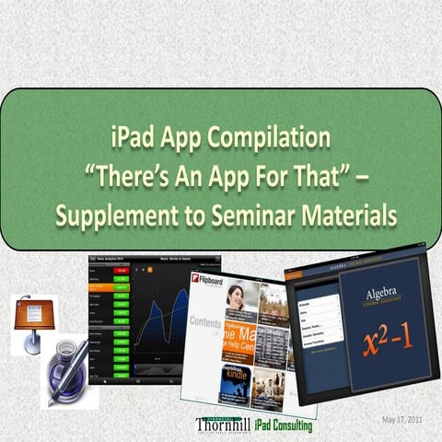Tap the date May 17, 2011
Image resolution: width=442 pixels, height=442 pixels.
pos(401,420)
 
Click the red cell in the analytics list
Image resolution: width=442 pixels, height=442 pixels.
pos(121,271)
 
